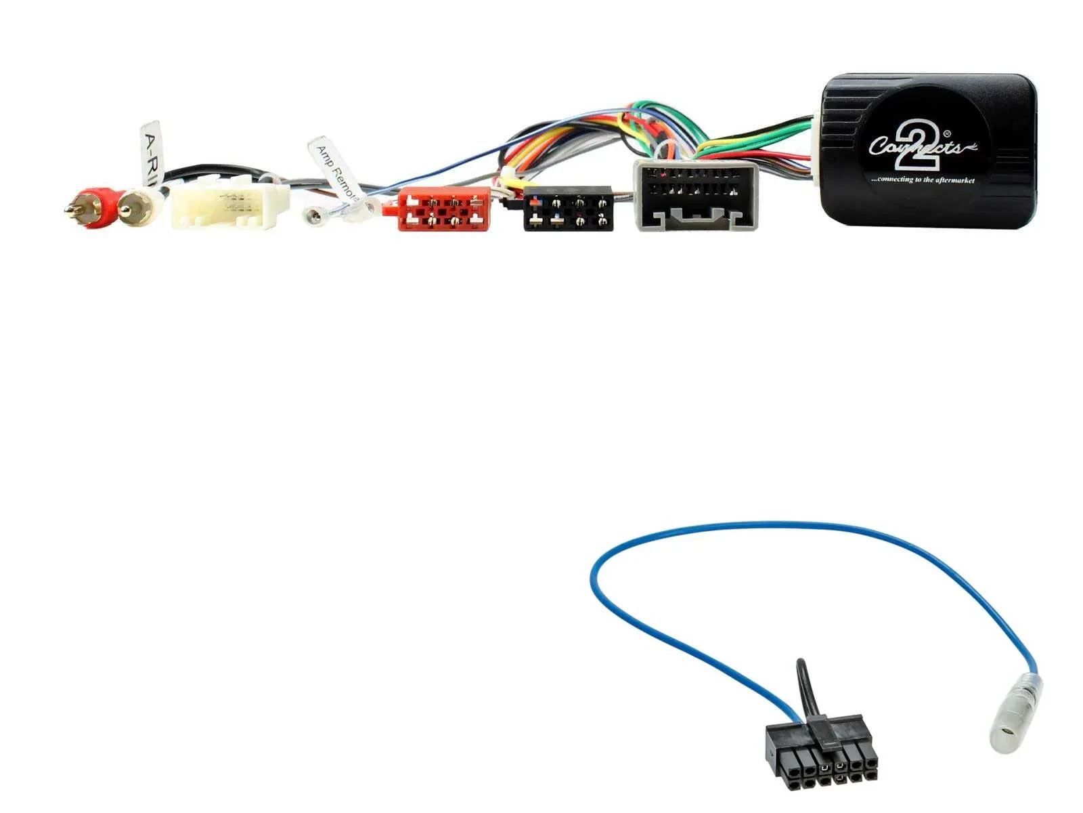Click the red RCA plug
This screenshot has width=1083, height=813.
coord(95,207)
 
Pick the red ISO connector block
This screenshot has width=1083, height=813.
coord(443,209)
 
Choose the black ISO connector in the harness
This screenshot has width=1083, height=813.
coord(568,209)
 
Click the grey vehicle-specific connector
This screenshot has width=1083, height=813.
coord(696,195)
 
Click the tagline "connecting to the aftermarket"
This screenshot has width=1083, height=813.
coord(922,180)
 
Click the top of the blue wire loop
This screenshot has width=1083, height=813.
coord(799,524)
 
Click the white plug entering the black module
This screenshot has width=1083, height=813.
coord(816,152)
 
